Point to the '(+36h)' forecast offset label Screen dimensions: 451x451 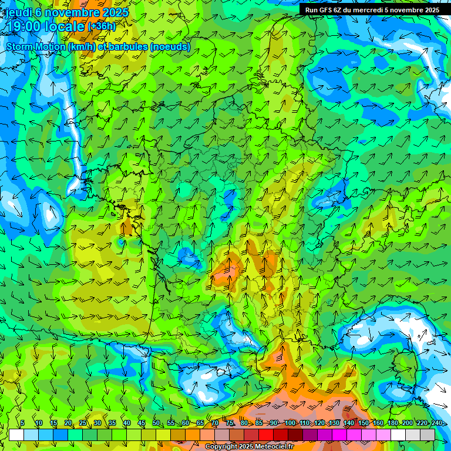102,26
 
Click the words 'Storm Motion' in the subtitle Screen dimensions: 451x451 35,46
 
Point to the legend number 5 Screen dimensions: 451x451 22,423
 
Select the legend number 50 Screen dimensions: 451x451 156,423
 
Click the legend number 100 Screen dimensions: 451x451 290,423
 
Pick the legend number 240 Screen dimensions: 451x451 436,423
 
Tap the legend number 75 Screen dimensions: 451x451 229,423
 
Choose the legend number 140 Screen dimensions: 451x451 348,423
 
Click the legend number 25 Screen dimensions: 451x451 82,423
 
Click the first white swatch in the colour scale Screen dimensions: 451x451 16,435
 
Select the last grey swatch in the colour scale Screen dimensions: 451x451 428,435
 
